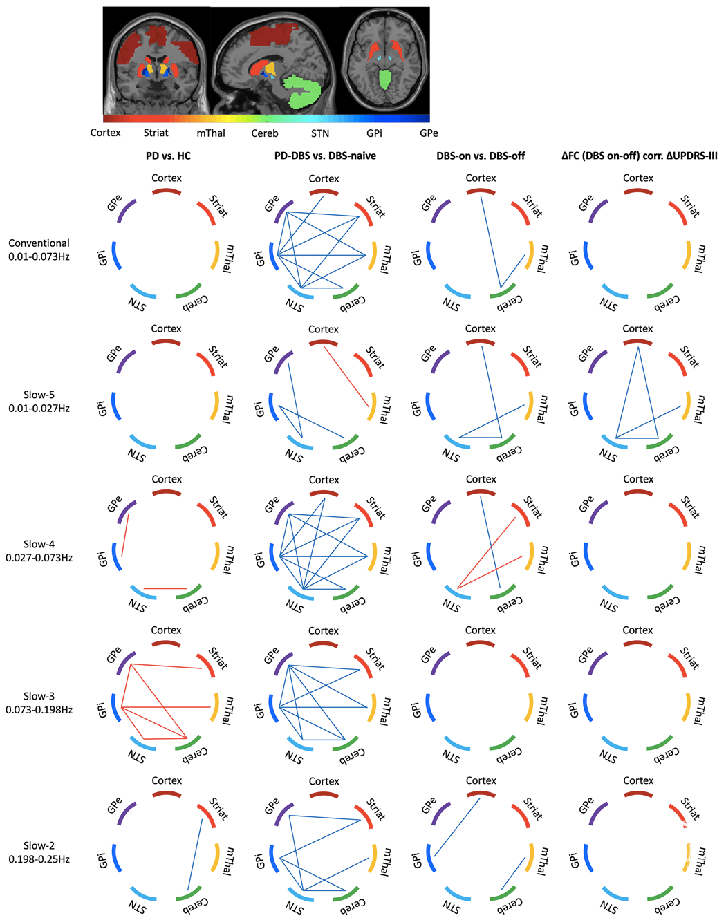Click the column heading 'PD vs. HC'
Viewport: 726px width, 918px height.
(168, 156)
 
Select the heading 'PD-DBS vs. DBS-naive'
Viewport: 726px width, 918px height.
(325, 156)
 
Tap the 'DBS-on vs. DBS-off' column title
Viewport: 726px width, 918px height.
(480, 156)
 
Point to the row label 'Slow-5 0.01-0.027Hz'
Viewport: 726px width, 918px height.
(39, 402)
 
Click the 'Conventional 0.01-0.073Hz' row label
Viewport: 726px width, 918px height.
(39, 250)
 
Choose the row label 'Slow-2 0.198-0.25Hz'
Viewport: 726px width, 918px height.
(39, 852)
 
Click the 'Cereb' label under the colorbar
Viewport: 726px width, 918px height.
(265, 133)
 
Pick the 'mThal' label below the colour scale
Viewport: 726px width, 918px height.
(211, 133)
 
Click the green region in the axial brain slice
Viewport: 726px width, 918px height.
(385, 79)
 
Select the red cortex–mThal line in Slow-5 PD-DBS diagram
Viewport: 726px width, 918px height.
(346, 377)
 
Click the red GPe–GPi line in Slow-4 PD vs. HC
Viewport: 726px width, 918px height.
(125, 536)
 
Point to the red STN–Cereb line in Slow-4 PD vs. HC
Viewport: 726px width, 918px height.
(165, 589)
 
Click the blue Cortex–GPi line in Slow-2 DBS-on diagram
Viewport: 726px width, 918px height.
(457, 827)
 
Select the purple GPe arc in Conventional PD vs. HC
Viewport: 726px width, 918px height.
(125, 210)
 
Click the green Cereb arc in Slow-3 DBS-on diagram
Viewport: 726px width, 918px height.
(502, 743)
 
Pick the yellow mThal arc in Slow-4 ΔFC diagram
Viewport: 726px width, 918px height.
(687, 556)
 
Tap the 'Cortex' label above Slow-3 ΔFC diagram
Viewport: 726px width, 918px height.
(637, 630)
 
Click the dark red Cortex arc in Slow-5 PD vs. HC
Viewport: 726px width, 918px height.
(166, 341)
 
